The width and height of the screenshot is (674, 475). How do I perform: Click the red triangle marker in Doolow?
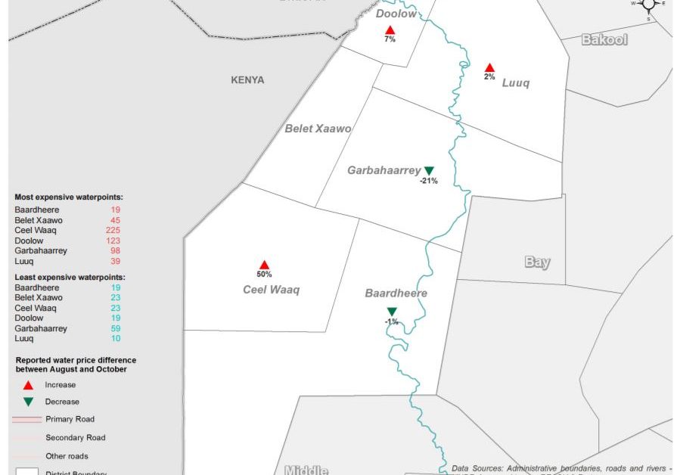[x=390, y=29]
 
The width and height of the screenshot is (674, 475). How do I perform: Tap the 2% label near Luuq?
[x=489, y=76]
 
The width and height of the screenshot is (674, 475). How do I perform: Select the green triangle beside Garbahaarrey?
[x=429, y=171]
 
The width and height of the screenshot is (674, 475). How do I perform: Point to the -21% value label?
[x=429, y=181]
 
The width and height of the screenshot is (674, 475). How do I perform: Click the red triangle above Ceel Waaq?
[x=264, y=265]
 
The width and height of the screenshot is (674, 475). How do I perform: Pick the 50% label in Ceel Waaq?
[x=264, y=275]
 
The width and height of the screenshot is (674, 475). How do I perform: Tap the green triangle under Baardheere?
[x=392, y=312]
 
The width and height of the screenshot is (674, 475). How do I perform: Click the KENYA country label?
[x=247, y=79]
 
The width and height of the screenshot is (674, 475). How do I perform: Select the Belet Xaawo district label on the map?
[x=318, y=129]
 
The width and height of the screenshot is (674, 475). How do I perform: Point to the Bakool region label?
[x=604, y=39]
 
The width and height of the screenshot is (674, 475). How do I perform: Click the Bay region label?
[x=537, y=262]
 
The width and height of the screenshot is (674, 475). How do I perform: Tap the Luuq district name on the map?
[x=515, y=83]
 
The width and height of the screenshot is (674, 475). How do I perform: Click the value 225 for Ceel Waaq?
[x=113, y=230]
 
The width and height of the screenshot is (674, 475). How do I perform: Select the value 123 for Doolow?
[x=113, y=241]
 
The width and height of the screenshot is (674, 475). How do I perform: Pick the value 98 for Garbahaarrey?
[x=115, y=250]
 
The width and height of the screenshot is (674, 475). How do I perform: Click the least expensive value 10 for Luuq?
[x=115, y=338]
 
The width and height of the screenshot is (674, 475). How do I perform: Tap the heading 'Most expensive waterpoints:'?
[x=69, y=197]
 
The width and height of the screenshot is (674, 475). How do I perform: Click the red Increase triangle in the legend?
[x=28, y=385]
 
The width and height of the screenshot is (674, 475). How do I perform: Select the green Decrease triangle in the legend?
[x=28, y=402]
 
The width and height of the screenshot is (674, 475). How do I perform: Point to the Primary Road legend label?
[x=70, y=419]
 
